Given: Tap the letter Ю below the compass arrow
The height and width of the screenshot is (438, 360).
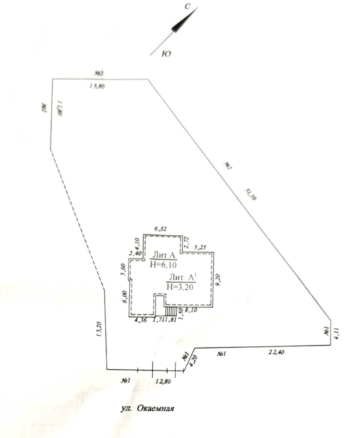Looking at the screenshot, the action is (166, 54).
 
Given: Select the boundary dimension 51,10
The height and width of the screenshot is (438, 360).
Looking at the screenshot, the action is (250, 194).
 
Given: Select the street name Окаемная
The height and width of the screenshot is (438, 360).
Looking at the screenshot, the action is (156, 408).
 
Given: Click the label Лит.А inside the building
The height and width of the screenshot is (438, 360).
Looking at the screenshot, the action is (163, 256).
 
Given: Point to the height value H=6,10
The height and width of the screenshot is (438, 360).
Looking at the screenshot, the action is (163, 264).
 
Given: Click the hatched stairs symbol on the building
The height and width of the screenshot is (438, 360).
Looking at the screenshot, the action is (171, 311).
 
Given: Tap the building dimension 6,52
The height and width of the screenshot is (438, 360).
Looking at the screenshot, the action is (160, 228).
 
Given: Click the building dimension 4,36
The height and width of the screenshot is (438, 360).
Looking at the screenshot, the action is (141, 320).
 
